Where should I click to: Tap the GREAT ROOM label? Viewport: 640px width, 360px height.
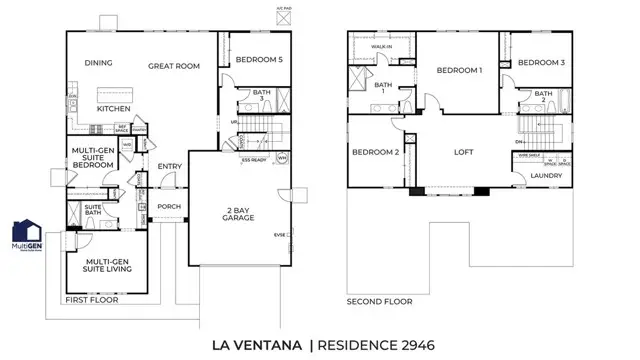[174, 66]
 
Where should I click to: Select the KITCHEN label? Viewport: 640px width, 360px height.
[114, 107]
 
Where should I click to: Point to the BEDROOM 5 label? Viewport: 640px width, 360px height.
[259, 60]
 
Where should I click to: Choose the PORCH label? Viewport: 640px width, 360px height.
[169, 207]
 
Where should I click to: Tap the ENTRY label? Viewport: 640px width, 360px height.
[169, 168]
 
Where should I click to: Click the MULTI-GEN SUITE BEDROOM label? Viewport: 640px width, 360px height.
[97, 159]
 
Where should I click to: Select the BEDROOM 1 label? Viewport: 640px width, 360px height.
[459, 70]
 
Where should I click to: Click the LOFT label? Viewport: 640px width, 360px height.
[463, 152]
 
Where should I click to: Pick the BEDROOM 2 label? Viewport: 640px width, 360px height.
[375, 152]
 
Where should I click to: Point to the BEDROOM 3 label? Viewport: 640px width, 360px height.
[542, 63]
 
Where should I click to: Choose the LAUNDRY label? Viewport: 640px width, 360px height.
[546, 176]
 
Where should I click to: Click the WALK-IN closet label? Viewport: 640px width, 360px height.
[381, 46]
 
